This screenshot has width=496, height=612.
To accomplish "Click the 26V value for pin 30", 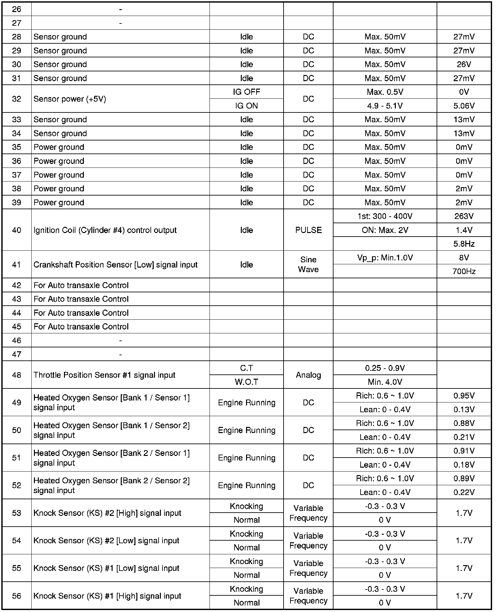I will click(464, 65).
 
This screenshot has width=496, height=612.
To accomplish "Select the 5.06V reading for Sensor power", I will click(464, 106).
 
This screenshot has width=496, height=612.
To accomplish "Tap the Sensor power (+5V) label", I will click(70, 99).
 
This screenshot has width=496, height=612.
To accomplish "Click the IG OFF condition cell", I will click(246, 92).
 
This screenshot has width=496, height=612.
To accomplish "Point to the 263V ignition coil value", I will click(464, 216).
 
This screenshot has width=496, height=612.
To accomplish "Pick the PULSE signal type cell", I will click(308, 230).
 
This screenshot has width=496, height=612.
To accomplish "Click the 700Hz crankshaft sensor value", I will click(464, 271).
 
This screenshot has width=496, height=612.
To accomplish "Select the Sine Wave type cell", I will click(308, 264).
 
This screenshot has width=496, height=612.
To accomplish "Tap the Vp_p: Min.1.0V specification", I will click(385, 258).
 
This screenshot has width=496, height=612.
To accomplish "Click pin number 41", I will click(17, 265).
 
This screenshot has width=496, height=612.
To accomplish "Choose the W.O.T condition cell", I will click(246, 382).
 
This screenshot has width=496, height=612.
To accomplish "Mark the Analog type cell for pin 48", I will click(308, 375).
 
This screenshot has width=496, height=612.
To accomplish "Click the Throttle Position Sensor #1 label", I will click(104, 375).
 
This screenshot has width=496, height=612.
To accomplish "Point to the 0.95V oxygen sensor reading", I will click(464, 396).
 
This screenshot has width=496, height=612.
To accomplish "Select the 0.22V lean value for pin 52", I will click(464, 492).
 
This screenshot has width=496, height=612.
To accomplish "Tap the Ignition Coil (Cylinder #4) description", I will click(105, 230).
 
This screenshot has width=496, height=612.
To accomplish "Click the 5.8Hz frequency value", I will click(464, 244).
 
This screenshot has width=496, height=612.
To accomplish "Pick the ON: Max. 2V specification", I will click(385, 230).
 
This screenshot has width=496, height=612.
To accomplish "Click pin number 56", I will click(17, 596).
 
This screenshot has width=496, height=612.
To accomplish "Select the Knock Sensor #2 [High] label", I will click(107, 513).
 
